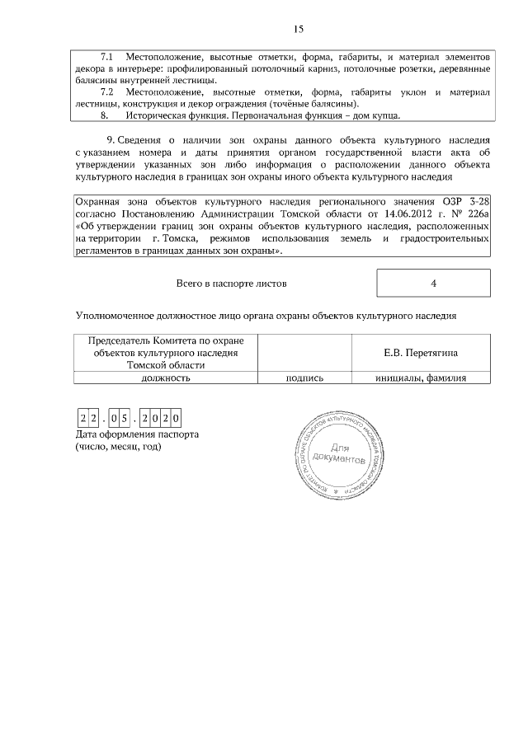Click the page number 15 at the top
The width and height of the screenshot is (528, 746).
pos(299,30)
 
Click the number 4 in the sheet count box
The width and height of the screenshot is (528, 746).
pos(433,284)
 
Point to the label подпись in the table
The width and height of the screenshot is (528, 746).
pos(304,378)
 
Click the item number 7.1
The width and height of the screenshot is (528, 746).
pos(107,57)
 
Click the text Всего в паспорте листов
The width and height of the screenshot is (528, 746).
pos(233,284)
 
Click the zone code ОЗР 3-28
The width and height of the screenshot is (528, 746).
pos(468,203)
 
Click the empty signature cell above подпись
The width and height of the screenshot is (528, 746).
pos(304,353)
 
